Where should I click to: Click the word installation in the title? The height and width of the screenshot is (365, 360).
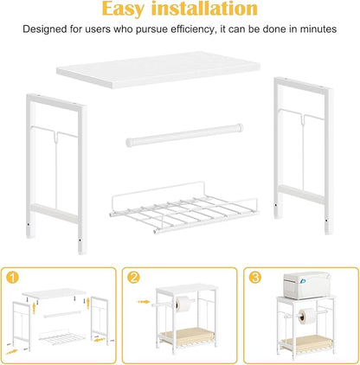tap(204, 9)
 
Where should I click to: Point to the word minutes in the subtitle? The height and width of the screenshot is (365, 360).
tap(318, 29)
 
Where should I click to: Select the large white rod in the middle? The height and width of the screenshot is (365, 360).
tap(184, 135)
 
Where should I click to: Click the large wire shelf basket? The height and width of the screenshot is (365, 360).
tap(183, 208)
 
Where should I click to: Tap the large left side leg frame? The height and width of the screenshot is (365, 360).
tap(56, 174)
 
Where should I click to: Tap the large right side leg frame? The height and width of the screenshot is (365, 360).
tap(304, 155)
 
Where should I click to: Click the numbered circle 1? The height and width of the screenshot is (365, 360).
tap(12, 278)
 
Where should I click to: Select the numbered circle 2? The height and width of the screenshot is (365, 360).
tap(133, 278)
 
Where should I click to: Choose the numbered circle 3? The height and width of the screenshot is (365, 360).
tap(255, 278)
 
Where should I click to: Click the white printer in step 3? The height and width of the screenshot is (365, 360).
tap(305, 285)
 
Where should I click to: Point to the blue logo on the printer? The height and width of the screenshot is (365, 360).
tap(303, 280)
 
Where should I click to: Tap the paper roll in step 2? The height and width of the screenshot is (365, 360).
tap(182, 304)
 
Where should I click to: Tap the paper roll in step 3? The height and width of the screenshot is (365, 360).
tap(305, 316)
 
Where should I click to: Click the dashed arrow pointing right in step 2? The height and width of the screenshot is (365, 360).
tap(144, 302)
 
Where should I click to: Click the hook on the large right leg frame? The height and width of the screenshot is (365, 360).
tap(303, 118)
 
